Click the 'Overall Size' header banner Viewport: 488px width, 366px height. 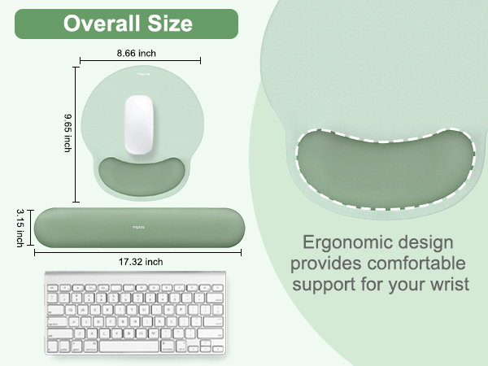[x=128, y=24]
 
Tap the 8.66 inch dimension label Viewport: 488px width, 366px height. [x=137, y=52]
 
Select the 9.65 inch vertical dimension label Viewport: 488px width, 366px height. [x=68, y=132]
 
